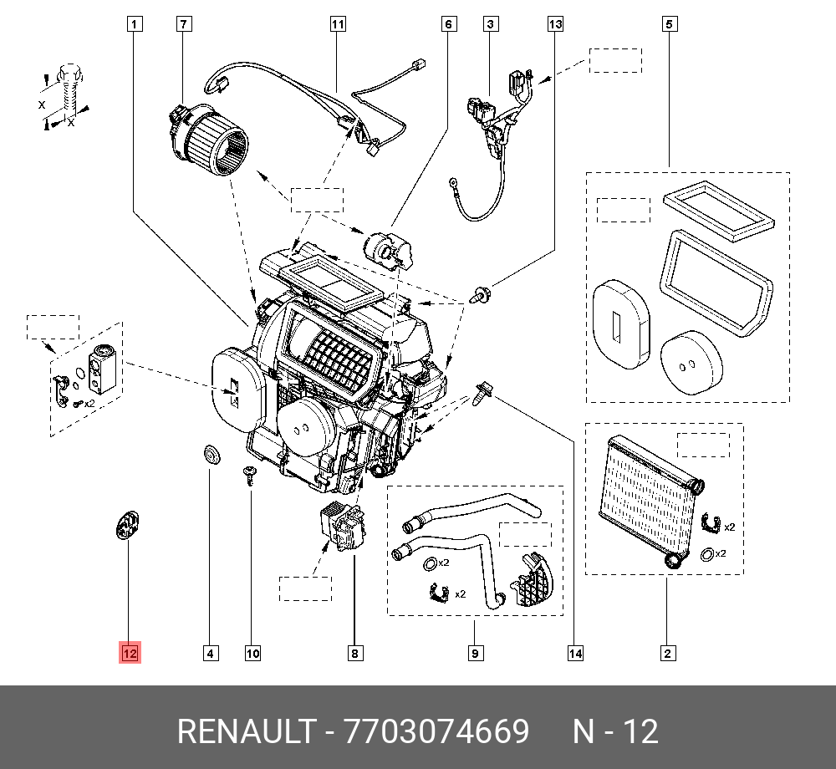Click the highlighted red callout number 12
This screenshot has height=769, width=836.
(130, 653)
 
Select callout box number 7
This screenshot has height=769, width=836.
(184, 24)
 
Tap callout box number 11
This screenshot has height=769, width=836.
(337, 24)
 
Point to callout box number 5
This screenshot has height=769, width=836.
(668, 24)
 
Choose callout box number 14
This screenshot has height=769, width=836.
(574, 653)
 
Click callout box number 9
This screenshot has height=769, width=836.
(474, 653)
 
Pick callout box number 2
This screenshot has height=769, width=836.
(666, 653)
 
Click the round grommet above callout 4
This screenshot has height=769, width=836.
(210, 454)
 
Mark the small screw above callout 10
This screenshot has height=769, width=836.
(250, 474)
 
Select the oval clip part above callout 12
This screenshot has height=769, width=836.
(128, 527)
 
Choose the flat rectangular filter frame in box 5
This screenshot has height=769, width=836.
(719, 211)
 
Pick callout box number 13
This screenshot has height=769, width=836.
(556, 24)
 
